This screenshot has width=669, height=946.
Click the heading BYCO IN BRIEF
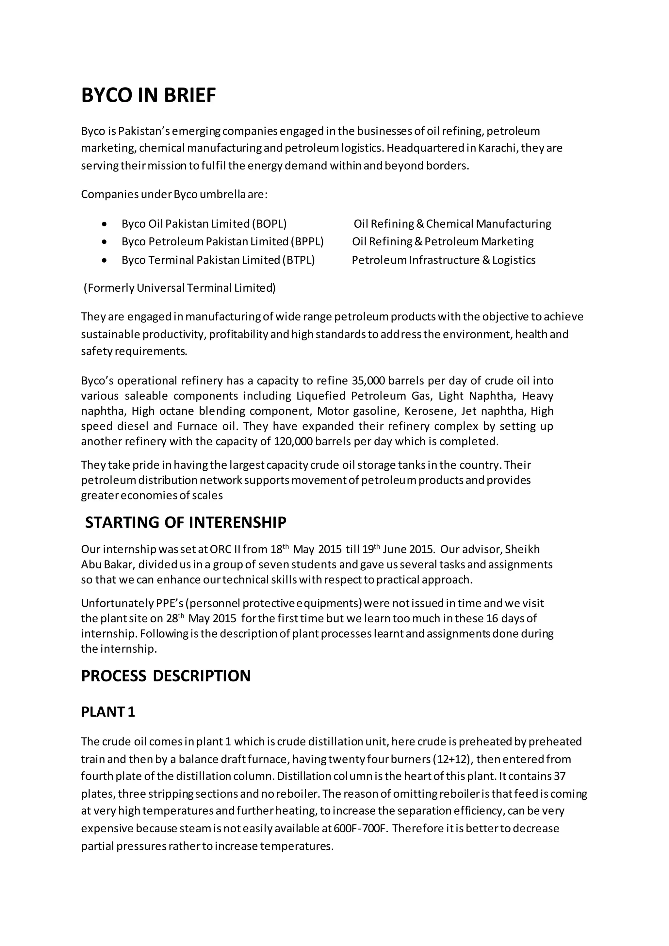[x=148, y=96]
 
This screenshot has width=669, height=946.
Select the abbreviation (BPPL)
[x=307, y=241]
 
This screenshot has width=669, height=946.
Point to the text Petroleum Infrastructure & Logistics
[x=443, y=260]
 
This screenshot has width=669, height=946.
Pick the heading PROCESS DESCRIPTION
[x=166, y=676]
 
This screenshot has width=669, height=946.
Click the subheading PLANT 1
[x=108, y=712]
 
